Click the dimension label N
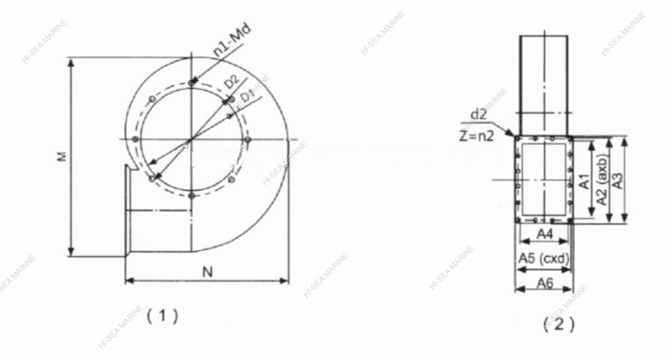point(207,272)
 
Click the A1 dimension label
point(584,177)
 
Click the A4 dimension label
point(544,234)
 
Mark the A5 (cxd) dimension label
point(543,258)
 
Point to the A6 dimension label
point(543,284)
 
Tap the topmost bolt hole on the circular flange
point(193,85)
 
